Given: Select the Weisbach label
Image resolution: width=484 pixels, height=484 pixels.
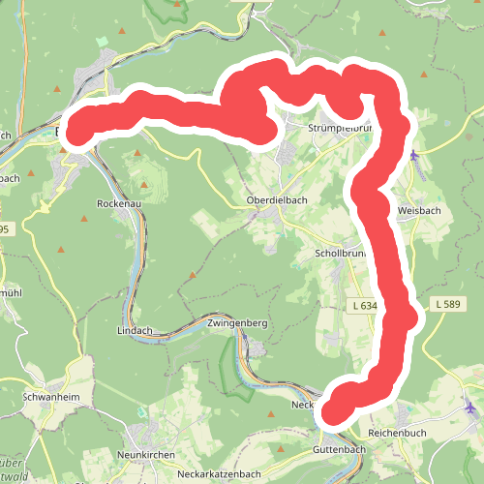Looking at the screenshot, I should coord(419,210).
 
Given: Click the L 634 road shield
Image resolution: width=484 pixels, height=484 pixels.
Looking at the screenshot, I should coord(364,306).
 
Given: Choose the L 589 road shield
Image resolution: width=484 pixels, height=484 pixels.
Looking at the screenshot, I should coord(448,305).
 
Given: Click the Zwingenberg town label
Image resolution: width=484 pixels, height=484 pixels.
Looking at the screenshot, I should coord(236,322).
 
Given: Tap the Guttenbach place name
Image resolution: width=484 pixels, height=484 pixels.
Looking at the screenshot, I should coord(337,451).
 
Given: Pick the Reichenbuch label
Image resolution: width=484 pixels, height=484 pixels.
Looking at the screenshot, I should coord(398,432).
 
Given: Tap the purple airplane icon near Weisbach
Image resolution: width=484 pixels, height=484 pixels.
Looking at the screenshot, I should coord(415,155).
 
